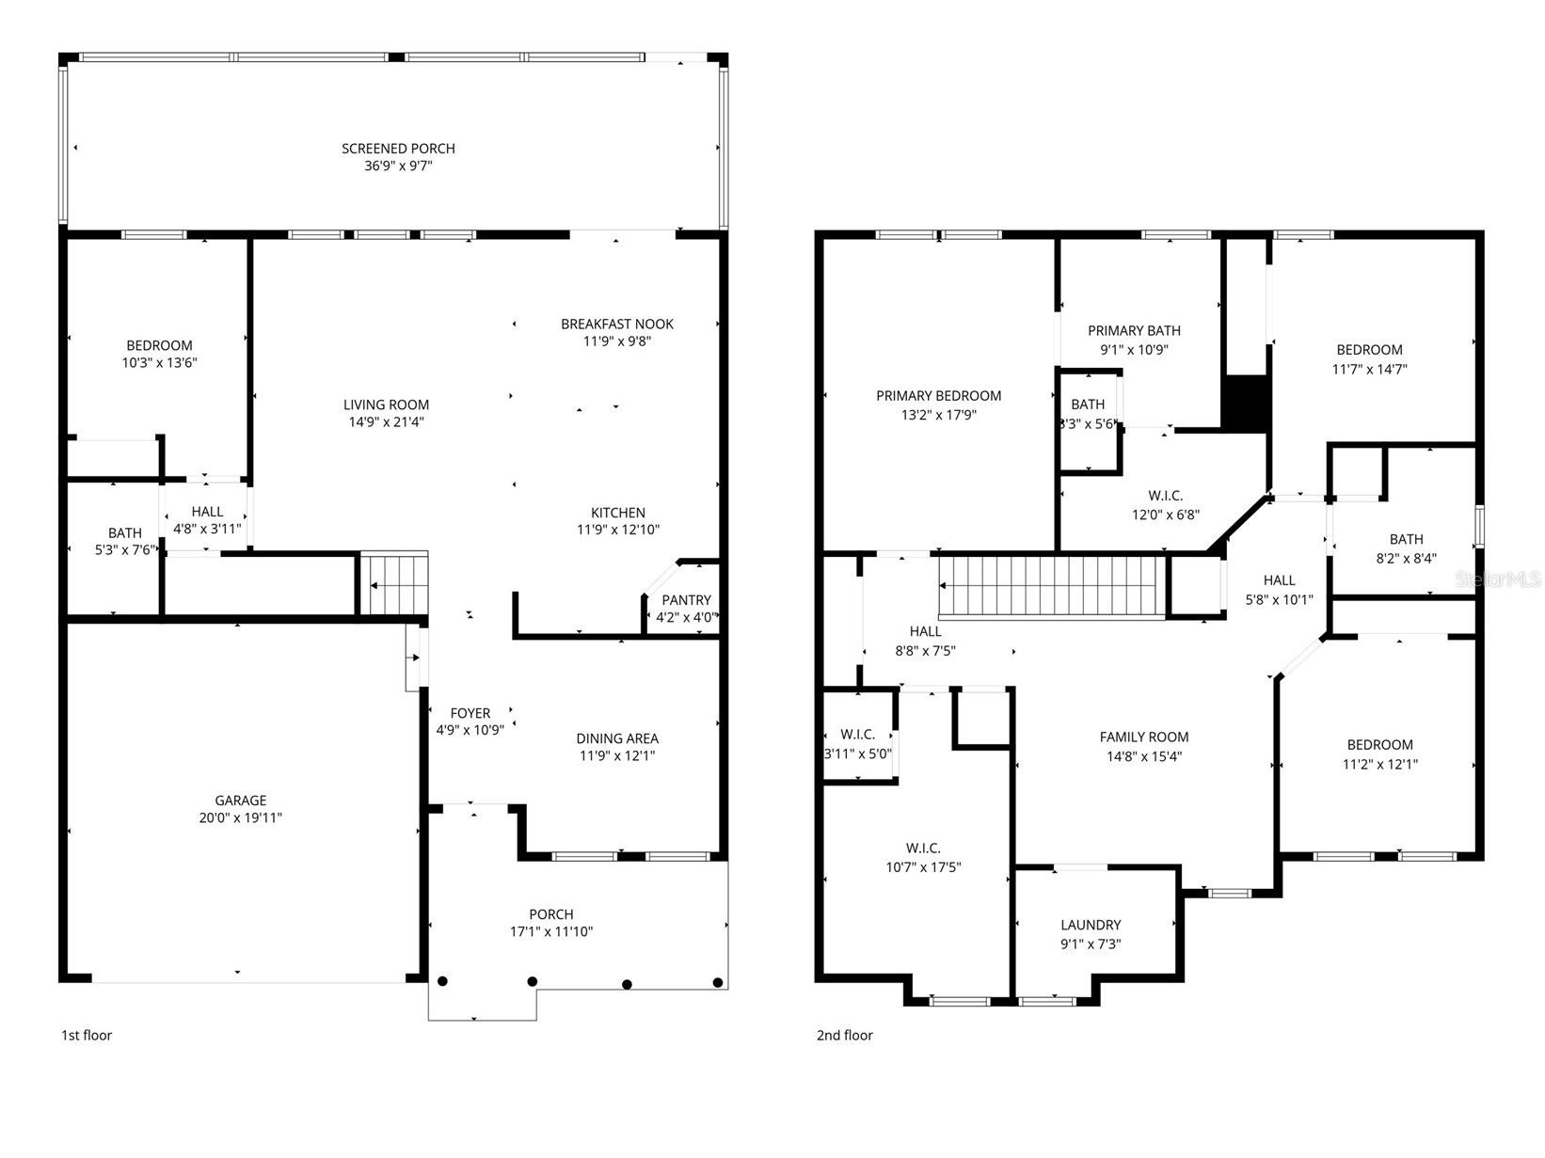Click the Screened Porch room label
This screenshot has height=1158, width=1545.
point(398,149)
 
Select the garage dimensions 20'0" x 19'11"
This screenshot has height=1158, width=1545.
point(240,817)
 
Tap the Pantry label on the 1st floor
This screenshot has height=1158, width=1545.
point(686,600)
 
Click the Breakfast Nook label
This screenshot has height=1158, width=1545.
point(617,324)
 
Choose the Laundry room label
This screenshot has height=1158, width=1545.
point(1091,925)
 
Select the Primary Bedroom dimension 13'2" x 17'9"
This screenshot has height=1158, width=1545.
point(938,414)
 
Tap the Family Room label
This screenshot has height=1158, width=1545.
point(1144,737)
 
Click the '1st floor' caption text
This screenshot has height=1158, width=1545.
point(87,1035)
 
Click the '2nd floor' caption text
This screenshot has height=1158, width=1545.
point(844,1035)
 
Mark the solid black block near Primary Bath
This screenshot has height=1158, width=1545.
point(1246,403)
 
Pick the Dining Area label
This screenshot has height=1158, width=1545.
point(617,738)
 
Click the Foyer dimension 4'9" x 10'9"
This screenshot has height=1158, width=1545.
point(470,729)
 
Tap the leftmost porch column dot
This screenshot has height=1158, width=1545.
point(442,981)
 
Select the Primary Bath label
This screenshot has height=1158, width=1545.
point(1134,330)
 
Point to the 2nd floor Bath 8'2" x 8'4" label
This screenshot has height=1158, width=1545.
point(1406,539)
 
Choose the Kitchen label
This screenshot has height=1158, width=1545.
point(617,513)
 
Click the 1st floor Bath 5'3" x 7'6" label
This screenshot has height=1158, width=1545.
point(124,532)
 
